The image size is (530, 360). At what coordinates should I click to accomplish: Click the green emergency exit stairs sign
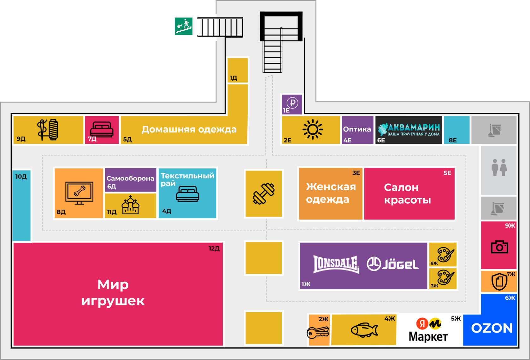184,26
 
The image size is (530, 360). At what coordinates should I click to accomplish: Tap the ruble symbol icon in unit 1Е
292,102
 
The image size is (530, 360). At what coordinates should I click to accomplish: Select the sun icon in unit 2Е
313,129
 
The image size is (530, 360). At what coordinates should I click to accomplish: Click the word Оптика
357,129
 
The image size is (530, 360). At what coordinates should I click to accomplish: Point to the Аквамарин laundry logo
409,130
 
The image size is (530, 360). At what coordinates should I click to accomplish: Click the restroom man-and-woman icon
499,168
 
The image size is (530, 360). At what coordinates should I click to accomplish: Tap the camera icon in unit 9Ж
499,247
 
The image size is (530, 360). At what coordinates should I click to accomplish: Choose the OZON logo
492,328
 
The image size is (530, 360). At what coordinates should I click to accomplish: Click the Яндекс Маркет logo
428,330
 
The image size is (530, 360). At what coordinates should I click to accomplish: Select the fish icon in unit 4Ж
364,330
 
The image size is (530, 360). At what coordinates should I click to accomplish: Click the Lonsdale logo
336,264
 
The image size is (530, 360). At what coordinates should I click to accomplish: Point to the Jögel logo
393,264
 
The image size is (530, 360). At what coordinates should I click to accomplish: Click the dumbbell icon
264,194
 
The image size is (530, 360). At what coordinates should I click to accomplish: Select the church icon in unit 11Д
131,205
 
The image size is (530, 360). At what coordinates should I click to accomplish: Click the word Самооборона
130,178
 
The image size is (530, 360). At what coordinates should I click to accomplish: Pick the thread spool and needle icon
48,130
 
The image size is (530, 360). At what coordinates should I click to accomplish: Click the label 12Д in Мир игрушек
214,248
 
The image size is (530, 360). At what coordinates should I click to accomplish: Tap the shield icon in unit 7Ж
499,281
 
